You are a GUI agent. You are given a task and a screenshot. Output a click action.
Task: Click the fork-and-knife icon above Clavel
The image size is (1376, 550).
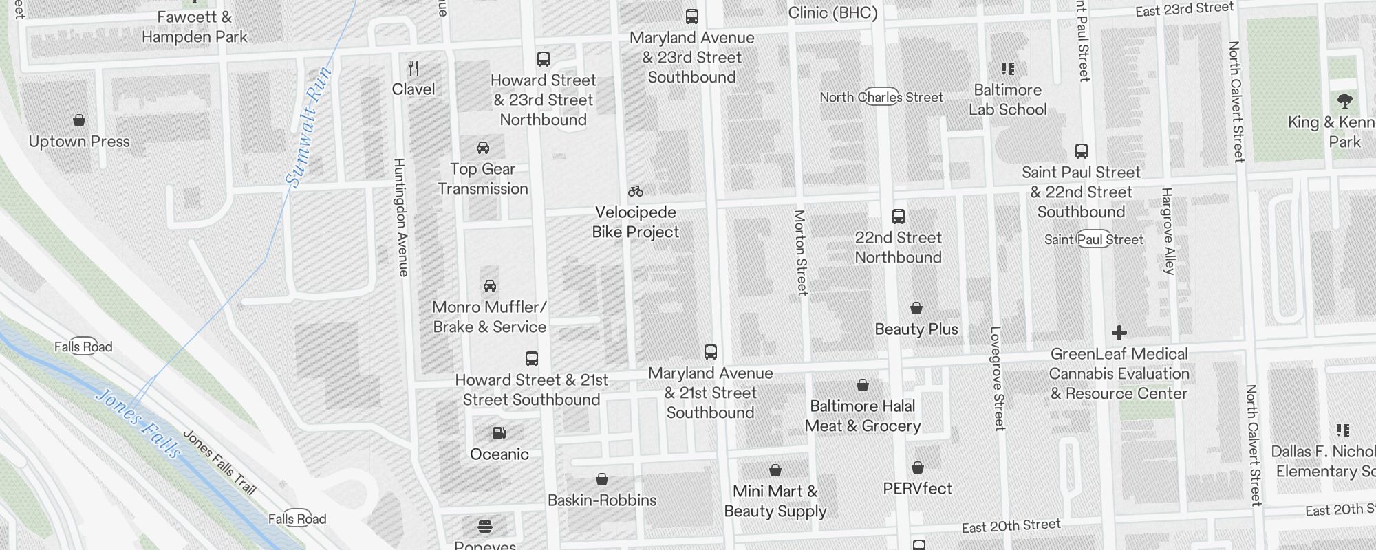(x=413, y=68)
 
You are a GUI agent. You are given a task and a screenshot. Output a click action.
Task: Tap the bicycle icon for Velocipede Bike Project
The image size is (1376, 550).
(x=636, y=191)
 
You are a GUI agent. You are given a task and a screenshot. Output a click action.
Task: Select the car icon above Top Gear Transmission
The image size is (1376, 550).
(x=483, y=148)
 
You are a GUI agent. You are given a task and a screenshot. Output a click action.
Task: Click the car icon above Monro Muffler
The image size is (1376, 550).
(x=490, y=286)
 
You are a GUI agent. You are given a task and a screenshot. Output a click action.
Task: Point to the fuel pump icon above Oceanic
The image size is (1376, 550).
(x=499, y=433)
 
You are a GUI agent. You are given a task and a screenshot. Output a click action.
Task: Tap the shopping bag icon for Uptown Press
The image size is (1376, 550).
(x=79, y=120)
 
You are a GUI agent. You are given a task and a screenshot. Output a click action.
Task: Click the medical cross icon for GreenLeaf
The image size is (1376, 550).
(x=1119, y=333)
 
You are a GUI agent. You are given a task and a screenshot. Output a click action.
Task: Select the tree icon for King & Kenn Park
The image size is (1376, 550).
(x=1345, y=101)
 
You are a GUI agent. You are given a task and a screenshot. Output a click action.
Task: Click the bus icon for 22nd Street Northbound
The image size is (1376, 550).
(x=899, y=217)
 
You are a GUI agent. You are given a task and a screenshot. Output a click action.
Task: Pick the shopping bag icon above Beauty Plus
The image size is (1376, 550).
(x=916, y=308)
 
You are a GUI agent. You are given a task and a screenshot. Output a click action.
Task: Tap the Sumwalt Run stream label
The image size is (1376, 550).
(x=309, y=127)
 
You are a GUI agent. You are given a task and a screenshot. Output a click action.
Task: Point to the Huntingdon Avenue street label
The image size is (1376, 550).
(x=400, y=217)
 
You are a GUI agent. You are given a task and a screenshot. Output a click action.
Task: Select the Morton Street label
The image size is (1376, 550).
(x=801, y=252)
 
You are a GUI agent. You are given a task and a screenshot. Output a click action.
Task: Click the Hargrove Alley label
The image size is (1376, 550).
(x=1168, y=231)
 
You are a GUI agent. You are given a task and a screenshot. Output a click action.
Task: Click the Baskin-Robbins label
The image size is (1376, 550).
(x=602, y=500)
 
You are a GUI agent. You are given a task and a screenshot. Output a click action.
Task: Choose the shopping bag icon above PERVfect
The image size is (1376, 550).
(x=918, y=467)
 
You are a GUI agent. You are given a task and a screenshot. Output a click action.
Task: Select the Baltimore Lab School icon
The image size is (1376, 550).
(x=1008, y=69)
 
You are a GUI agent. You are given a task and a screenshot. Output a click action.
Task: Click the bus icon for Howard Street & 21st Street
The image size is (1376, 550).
(x=532, y=359)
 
